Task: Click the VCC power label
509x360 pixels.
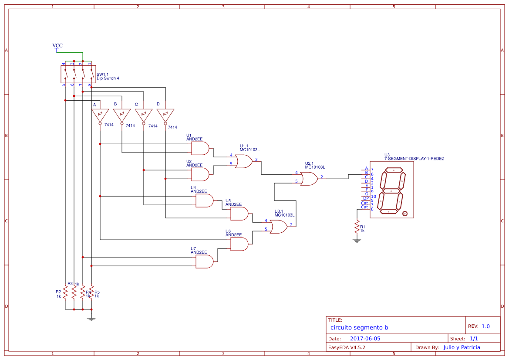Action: (57, 46)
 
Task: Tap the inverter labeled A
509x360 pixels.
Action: (100, 115)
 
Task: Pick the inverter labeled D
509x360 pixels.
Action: (165, 115)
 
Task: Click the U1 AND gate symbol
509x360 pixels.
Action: (200, 148)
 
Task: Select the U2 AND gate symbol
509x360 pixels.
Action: (200, 174)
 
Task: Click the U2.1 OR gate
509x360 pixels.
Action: (309, 179)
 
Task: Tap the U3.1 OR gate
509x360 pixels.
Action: (278, 227)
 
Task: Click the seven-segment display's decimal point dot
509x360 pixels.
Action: (405, 214)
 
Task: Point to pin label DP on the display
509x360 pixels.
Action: (366, 198)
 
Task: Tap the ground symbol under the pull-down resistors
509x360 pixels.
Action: (91, 319)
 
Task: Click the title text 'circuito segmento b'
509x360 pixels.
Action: (359, 327)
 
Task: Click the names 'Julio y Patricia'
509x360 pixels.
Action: (462, 347)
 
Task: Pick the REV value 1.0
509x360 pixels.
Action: (485, 326)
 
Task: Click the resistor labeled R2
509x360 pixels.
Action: (65, 292)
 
